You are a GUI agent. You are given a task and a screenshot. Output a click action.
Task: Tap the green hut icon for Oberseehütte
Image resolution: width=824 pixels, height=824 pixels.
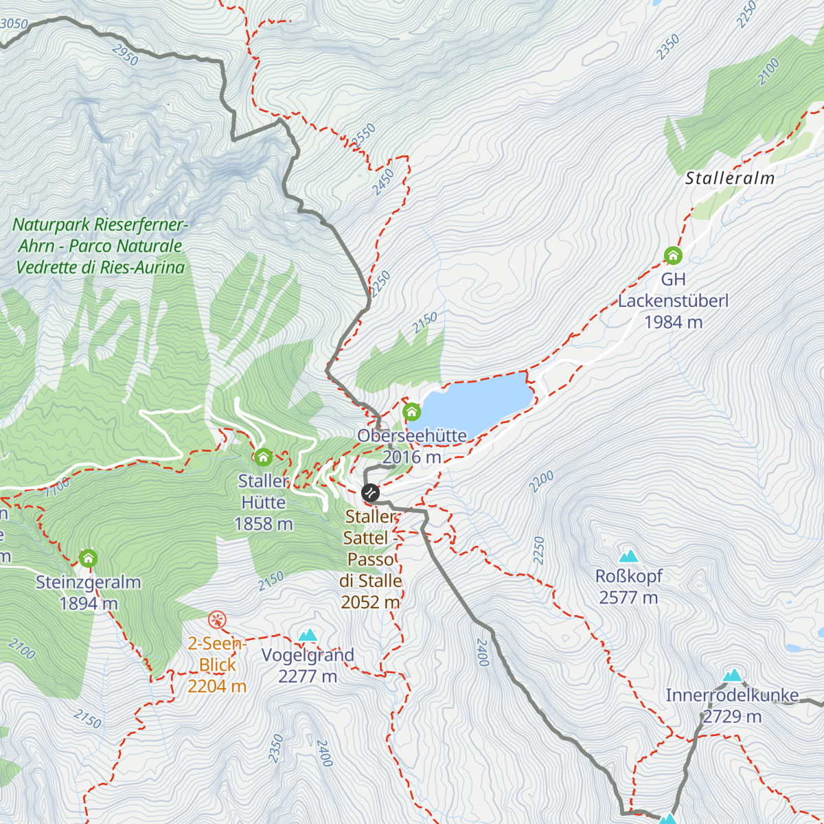click(x=411, y=412)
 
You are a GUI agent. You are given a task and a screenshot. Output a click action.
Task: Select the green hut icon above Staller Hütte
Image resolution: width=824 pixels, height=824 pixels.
click(x=263, y=457)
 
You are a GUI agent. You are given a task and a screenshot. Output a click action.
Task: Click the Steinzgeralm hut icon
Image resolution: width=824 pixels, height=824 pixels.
click(x=88, y=558)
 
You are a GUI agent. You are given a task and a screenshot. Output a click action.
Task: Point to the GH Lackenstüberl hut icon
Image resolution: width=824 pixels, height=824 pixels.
click(x=673, y=256)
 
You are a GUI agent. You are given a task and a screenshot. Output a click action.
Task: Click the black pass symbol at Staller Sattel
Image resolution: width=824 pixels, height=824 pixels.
click(x=370, y=492)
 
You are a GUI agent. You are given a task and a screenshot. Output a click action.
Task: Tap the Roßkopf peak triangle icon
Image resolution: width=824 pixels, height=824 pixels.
click(x=628, y=557)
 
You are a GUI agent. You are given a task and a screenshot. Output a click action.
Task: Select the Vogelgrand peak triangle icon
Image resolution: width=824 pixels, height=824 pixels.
click(x=308, y=636)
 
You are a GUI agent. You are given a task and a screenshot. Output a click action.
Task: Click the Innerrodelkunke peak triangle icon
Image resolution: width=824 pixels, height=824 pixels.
click(x=733, y=676)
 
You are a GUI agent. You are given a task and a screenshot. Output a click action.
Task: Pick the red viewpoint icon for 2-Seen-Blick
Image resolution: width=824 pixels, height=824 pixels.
click(x=217, y=620)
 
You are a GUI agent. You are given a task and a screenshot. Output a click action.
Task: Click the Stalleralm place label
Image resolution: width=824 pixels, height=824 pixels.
click(x=730, y=179)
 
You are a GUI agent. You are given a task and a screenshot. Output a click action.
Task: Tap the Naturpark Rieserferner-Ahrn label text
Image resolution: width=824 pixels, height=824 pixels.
click(x=100, y=246)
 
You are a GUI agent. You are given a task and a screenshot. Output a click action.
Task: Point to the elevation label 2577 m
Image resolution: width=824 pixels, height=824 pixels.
click(x=628, y=598)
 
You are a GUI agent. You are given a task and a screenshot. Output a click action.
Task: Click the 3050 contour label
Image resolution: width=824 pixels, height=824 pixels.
click(x=14, y=25)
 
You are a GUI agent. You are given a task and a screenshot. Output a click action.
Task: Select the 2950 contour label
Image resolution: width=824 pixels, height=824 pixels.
click(x=125, y=55)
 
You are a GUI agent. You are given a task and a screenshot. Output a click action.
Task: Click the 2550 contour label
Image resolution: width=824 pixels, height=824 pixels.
click(x=364, y=135)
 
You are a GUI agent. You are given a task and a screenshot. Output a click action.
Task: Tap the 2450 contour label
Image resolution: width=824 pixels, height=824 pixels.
click(x=383, y=182)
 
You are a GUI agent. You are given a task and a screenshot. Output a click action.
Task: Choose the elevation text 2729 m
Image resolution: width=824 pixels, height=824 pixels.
click(x=732, y=717)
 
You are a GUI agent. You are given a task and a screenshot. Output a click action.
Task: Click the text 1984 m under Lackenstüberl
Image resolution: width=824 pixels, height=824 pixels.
click(x=673, y=322)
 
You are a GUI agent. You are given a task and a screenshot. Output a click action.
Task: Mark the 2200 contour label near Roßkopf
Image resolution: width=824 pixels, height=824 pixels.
click(x=542, y=482)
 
